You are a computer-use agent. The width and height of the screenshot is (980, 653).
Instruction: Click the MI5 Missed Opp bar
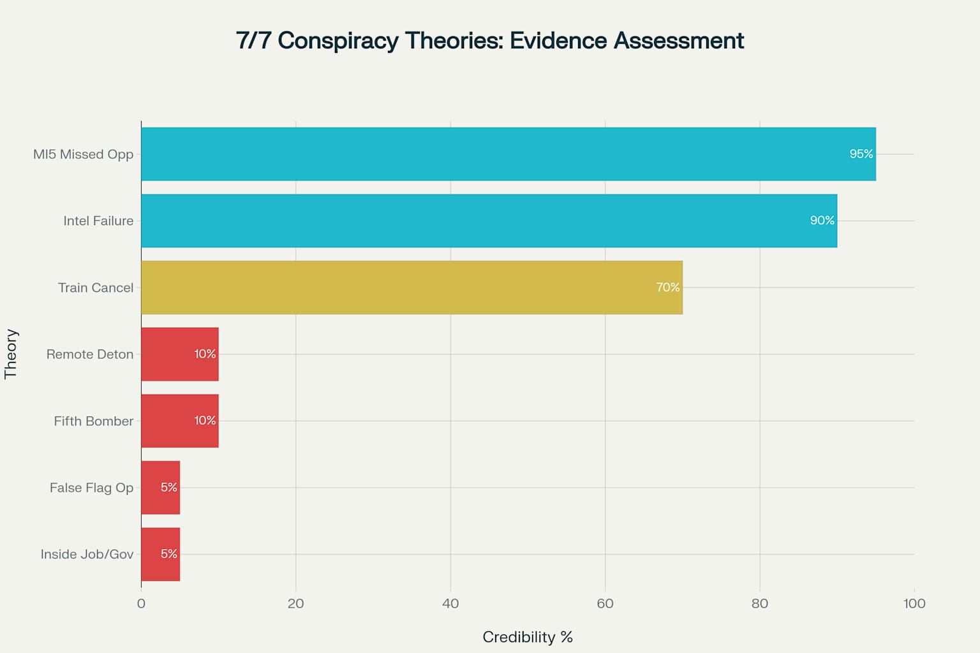[x=508, y=154]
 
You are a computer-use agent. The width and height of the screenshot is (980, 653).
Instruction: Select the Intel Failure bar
[x=489, y=221]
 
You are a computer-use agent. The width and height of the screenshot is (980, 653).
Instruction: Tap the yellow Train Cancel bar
[x=412, y=288]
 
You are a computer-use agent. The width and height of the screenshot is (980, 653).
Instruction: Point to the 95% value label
[x=861, y=154]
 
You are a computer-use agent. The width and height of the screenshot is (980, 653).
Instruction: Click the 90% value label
[x=822, y=221]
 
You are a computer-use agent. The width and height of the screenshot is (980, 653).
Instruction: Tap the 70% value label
[x=667, y=288]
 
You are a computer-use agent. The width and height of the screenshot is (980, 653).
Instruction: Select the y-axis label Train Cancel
[x=96, y=288]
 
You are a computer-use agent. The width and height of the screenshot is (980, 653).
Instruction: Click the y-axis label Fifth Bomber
[x=94, y=421]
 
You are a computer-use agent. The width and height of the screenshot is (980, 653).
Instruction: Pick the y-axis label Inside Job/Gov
[x=87, y=554]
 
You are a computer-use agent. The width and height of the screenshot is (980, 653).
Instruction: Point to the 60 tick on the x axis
[x=605, y=603]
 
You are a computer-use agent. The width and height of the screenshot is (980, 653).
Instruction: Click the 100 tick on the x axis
[x=914, y=603]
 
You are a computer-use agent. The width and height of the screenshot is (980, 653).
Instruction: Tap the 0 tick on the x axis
[x=141, y=603]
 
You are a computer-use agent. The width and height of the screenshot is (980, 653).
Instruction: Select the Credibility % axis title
[x=528, y=637]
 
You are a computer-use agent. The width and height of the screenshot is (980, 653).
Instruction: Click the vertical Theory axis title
[x=11, y=354]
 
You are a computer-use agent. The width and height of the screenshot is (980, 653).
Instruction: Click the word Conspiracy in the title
[x=338, y=41]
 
